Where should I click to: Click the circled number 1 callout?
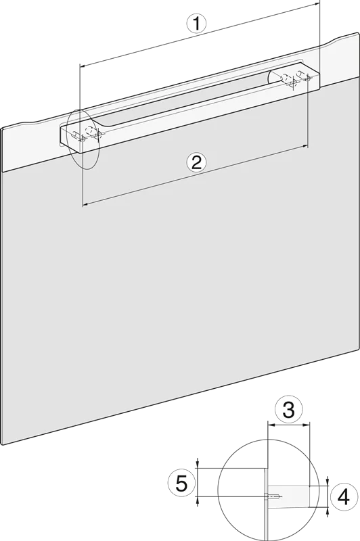point(196,24)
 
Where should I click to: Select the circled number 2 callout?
point(196,162)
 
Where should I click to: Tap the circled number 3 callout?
point(288,410)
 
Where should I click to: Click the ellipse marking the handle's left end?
point(83,139)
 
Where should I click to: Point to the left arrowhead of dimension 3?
point(271,425)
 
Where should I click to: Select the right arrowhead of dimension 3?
point(307,425)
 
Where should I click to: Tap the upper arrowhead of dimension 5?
point(197,465)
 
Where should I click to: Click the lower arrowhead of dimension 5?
point(197,500)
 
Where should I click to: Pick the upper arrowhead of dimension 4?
point(328,482)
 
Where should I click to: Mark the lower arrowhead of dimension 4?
point(328,511)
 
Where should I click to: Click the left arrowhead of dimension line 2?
point(86,205)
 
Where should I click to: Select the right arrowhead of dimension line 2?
point(305,146)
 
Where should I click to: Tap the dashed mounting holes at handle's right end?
point(296,78)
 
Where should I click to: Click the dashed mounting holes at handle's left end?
point(87,133)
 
